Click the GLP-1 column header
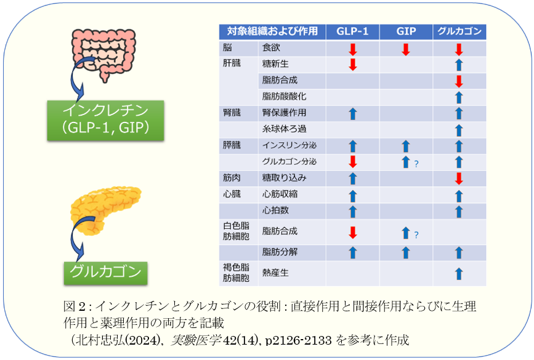coord(352,31)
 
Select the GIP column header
coord(405,31)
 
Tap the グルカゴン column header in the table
coord(459,31)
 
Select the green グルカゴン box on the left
coord(105,271)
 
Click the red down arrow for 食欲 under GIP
coord(405,49)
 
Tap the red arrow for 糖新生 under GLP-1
coord(352,65)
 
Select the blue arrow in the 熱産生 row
coord(458,274)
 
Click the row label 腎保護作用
coord(284,113)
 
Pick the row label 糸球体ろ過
coord(284,129)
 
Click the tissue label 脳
coord(228,47)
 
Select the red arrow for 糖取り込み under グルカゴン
coord(458,178)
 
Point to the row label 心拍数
coord(275,210)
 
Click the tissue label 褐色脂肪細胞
coord(236,273)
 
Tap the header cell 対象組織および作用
coord(272,31)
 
